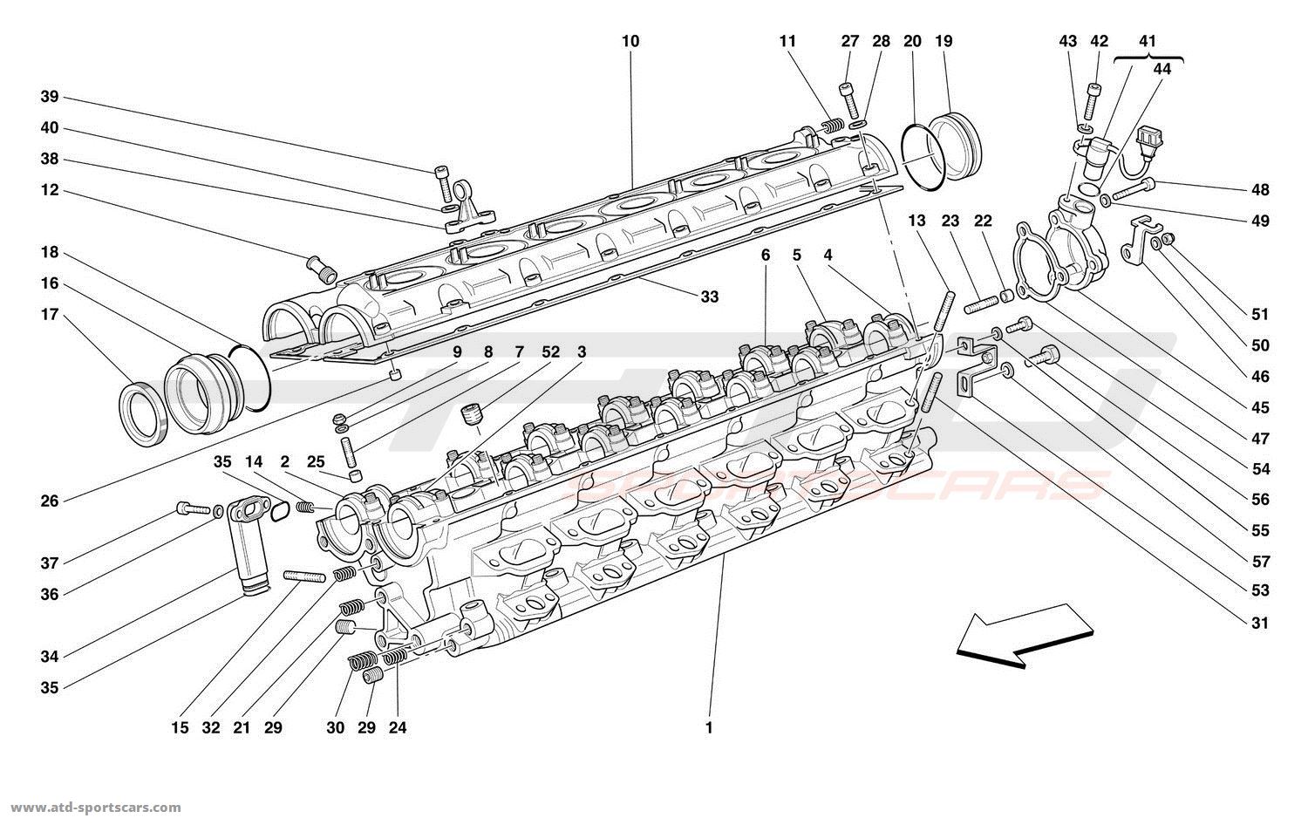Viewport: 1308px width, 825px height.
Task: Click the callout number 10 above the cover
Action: coord(630,41)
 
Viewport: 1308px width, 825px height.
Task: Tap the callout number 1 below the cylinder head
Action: coord(709,727)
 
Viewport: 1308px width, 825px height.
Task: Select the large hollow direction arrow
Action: coord(1024,635)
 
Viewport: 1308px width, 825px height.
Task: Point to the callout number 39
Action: coord(49,97)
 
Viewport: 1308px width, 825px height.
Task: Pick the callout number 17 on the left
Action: coord(49,315)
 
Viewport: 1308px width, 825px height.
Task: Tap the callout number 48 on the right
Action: coord(1259,190)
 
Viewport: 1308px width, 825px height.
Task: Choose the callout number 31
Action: coord(1259,623)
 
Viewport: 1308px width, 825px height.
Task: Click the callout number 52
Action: coord(551,352)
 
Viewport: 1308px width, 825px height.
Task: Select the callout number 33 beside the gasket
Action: coord(709,297)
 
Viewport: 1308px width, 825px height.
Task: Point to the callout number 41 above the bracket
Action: coord(1148,41)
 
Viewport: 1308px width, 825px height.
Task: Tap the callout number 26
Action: coord(49,501)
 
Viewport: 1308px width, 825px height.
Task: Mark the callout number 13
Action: coord(916,221)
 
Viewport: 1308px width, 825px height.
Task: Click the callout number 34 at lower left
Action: coord(49,656)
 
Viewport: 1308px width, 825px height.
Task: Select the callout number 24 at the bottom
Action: coord(399,727)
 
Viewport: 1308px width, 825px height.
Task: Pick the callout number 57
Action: coord(1259,562)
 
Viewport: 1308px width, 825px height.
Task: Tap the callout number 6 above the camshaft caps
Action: coord(766,256)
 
